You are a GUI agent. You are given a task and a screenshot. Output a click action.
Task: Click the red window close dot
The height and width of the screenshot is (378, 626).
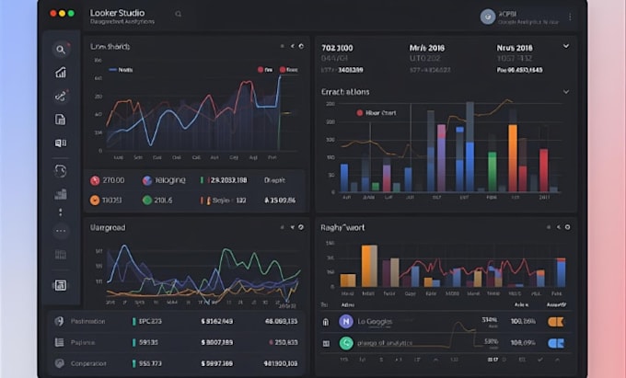[52, 14]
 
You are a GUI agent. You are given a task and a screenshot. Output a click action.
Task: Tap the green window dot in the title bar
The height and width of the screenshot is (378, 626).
[71, 14]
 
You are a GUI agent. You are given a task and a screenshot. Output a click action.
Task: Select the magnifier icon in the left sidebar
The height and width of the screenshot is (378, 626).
[61, 50]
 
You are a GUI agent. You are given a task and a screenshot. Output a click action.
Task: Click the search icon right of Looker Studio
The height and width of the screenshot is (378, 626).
[178, 15]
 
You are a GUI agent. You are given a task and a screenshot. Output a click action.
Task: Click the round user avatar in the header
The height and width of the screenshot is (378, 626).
[488, 16]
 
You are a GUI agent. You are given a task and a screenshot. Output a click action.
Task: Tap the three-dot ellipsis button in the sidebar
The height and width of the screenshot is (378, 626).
[61, 231]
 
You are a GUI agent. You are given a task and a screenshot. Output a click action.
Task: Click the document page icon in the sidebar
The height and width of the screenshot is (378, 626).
[61, 120]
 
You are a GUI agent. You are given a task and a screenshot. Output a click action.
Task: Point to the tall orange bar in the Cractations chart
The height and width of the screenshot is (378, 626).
[513, 156]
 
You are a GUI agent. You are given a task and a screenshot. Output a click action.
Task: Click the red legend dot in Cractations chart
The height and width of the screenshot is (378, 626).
[359, 112]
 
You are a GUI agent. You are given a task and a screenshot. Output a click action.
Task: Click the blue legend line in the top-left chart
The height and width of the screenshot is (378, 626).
[112, 69]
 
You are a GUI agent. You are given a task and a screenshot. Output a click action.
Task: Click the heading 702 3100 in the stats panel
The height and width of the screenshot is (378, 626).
[339, 47]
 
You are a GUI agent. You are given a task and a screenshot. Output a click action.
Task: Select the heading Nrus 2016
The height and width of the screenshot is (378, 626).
[514, 47]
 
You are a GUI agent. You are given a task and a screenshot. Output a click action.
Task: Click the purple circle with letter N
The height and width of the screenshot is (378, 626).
[345, 321]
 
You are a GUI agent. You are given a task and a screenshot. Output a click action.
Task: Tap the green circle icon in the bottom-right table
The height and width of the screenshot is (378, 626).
[345, 343]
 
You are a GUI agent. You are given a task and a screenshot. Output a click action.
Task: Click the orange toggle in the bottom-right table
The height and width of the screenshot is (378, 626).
[555, 321]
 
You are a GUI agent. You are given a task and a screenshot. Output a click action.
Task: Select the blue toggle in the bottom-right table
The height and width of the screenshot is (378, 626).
[555, 343]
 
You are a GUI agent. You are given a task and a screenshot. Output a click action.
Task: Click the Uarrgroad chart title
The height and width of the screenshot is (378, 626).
[108, 227]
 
